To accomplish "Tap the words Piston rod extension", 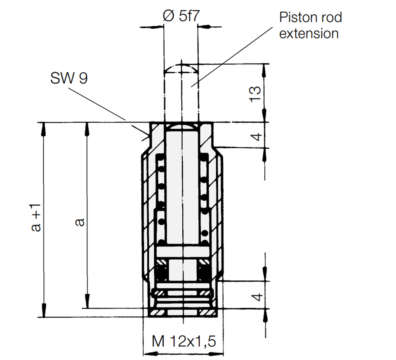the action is (x=311, y=25).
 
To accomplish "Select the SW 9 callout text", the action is (x=69, y=78).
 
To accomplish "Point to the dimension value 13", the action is (x=255, y=94).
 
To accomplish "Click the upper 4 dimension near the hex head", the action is (x=257, y=137).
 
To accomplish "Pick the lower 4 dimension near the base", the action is (x=257, y=297).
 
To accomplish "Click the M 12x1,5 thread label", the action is (x=184, y=341).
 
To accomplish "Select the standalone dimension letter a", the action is (x=80, y=222).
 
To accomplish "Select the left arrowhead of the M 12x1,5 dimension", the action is (x=149, y=354).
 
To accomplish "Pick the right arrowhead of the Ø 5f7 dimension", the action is (x=203, y=26).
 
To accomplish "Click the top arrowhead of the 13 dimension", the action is (x=265, y=70).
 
